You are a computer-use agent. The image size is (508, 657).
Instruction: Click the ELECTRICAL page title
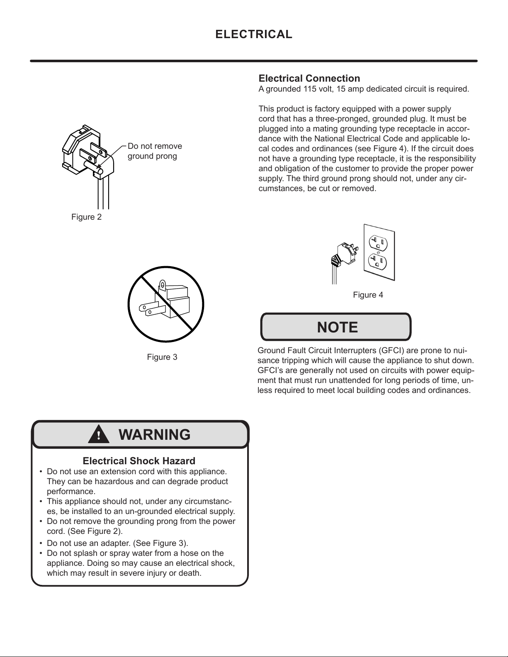[254, 34]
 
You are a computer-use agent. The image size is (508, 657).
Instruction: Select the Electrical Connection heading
[309, 78]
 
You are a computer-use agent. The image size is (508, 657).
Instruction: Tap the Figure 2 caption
[86, 217]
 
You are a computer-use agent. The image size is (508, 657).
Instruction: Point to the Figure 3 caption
[162, 357]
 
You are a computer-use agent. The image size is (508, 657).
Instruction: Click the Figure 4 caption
[368, 295]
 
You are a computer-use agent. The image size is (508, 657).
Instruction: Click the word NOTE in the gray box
[337, 327]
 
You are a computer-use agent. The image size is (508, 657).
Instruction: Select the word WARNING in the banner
[155, 434]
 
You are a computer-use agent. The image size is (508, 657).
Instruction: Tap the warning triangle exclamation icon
[99, 435]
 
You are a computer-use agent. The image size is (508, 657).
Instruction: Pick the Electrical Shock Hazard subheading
[139, 461]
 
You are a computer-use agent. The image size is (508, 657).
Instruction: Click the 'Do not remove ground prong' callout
[154, 151]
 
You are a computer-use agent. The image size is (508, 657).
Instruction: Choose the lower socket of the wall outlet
[378, 261]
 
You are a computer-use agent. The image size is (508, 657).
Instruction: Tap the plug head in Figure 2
[87, 151]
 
